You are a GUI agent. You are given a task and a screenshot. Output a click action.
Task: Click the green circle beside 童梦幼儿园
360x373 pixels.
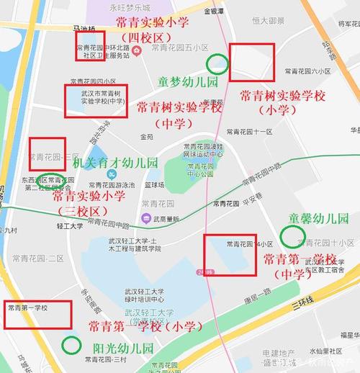pyautogui.click(x=217, y=65)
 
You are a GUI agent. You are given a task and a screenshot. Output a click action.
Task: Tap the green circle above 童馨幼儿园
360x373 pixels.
pyautogui.click(x=292, y=236)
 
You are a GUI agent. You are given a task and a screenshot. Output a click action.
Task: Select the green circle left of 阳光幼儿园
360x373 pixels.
pyautogui.click(x=71, y=345)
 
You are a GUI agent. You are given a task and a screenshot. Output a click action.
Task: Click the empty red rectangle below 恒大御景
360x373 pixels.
pyautogui.click(x=251, y=61)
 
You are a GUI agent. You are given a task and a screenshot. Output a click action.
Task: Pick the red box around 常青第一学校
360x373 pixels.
pyautogui.click(x=38, y=314)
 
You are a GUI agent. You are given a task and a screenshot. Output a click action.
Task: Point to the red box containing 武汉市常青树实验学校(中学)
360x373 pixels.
pyautogui.click(x=95, y=102)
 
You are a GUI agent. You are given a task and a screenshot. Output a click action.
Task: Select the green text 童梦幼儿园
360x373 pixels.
pyautogui.click(x=188, y=83)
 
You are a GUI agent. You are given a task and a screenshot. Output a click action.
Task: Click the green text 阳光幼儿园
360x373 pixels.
pyautogui.click(x=123, y=347)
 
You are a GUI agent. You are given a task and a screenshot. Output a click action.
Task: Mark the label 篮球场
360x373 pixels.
pyautogui.click(x=154, y=185)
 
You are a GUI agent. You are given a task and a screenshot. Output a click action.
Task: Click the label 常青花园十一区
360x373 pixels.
pyautogui.click(x=249, y=132)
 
